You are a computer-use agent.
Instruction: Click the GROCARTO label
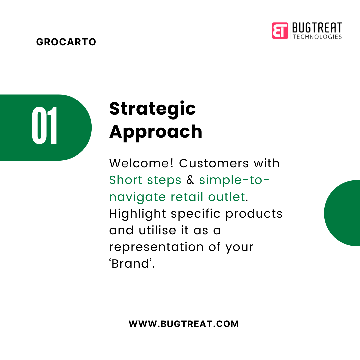point(66,42)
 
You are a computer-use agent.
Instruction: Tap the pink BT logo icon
point(280,31)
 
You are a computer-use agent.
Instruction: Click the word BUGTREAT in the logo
point(317,28)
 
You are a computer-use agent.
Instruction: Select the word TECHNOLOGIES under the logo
point(317,37)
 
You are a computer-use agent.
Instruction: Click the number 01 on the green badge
point(44,125)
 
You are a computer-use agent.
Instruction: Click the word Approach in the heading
point(156,132)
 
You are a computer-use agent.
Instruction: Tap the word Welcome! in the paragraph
point(141,163)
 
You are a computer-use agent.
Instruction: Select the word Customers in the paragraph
point(214,163)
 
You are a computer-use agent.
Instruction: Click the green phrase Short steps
point(145,180)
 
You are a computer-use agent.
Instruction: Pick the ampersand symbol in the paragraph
point(190,180)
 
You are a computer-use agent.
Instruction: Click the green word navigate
point(137,197)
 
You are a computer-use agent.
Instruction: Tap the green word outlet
point(226,197)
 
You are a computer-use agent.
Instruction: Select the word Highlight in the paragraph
point(137,214)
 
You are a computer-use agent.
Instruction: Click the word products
point(254,214)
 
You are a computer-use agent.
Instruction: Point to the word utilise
point(157,230)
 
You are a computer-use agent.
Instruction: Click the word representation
point(156,247)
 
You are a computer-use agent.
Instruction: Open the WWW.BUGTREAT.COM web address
point(184,324)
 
